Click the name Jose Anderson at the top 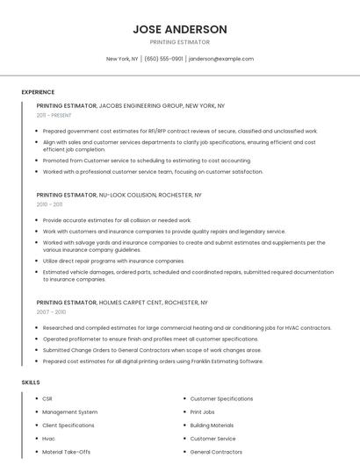179,29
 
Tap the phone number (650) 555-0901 164,59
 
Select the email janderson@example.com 221,59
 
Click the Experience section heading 38,92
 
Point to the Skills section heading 31,383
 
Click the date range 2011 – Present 54,115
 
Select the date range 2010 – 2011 49,204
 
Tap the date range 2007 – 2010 51,311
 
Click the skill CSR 47,398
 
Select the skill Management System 69,411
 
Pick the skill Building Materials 212,425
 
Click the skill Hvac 48,438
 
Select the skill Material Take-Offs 66,452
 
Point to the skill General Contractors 215,452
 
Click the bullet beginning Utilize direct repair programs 113,261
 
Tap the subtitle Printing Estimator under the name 179,42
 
